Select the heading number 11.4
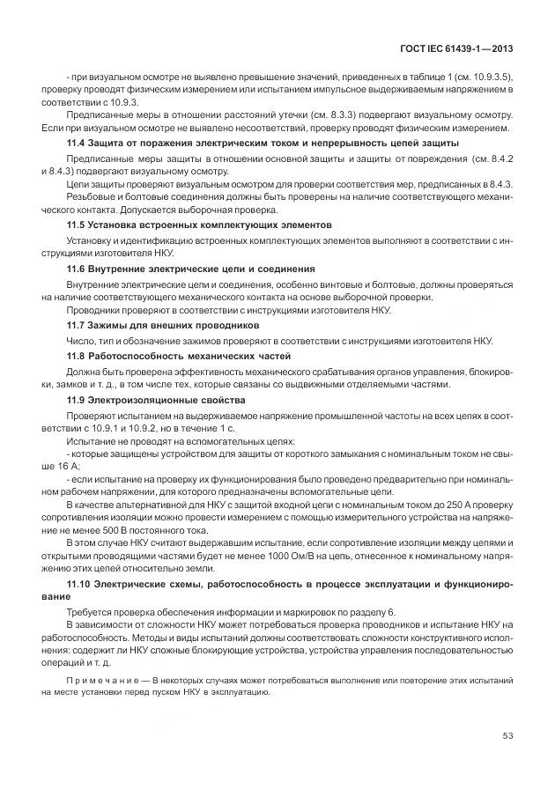tap(77, 143)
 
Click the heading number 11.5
tap(77, 225)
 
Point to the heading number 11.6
tap(77, 267)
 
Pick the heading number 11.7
tap(77, 326)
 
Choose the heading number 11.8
tap(77, 355)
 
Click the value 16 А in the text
tap(69, 465)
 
